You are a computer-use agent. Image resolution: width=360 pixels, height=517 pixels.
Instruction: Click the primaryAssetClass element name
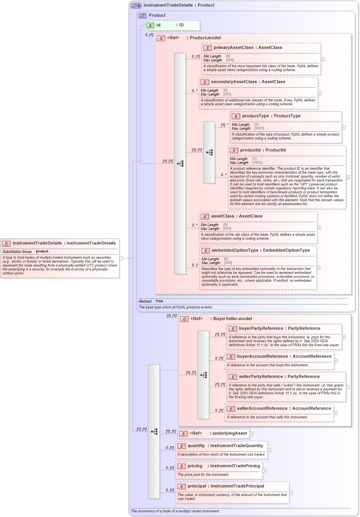tap(233, 47)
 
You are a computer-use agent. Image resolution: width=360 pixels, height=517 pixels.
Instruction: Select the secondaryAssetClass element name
tap(234, 82)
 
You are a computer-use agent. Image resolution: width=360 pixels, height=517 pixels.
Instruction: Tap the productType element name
tap(255, 116)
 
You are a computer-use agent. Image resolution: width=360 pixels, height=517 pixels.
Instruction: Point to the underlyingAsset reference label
tap(229, 433)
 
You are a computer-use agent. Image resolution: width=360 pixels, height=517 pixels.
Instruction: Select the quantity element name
tap(196, 446)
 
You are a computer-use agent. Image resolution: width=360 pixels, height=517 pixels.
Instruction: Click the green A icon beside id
tap(150, 25)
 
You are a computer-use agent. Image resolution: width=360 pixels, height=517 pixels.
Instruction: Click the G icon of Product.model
tap(161, 38)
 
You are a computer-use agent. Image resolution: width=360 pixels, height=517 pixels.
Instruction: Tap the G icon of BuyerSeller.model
tap(184, 319)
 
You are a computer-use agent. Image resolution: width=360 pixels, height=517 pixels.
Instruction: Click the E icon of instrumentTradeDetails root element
tap(6, 244)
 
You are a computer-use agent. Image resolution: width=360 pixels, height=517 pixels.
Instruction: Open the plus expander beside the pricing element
tap(264, 470)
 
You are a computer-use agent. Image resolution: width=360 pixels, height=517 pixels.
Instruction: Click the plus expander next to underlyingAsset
tap(251, 433)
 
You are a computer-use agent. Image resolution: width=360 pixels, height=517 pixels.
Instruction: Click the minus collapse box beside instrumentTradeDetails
tap(121, 258)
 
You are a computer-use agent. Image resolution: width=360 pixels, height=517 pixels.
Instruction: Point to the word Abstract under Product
tap(145, 301)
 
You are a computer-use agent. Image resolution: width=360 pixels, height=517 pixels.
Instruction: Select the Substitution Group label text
tap(17, 251)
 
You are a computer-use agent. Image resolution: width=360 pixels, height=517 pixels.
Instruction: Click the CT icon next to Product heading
tap(142, 16)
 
